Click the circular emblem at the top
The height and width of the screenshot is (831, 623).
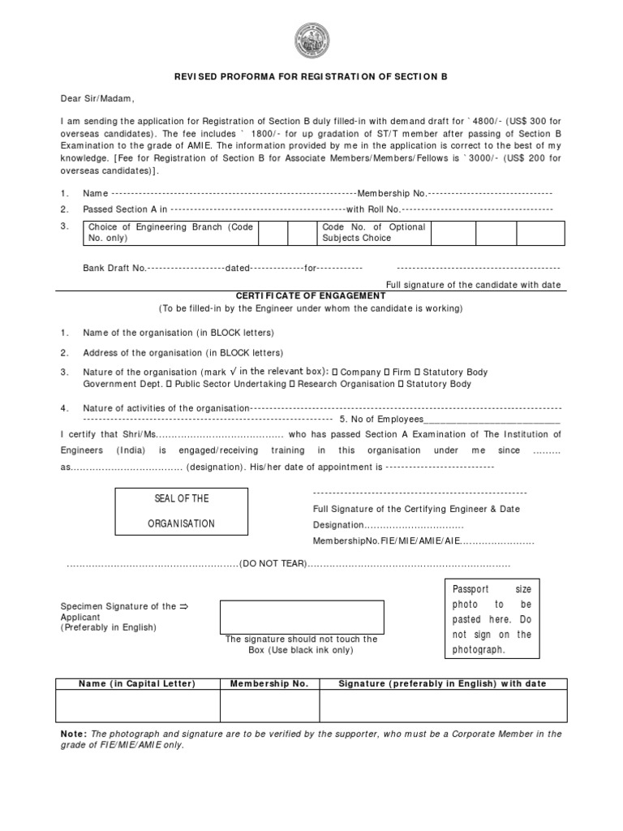point(311,40)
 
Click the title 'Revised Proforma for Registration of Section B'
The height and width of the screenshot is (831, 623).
point(311,76)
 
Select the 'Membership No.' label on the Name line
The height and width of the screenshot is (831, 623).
point(392,193)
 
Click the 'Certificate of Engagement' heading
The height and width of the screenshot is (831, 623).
point(311,296)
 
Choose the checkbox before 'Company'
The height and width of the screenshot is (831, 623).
point(336,372)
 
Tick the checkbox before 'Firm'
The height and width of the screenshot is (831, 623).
point(385,372)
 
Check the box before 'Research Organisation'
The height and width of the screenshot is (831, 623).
point(293,384)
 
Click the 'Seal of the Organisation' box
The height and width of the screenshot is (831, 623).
point(181,511)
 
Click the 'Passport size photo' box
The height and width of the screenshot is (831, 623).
point(492,618)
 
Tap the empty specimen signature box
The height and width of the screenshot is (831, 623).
point(301,617)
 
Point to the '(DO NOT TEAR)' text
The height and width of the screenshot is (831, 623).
point(273,564)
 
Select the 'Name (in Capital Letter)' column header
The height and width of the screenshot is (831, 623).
point(137,684)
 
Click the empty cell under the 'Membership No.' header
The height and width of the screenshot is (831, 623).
point(269,705)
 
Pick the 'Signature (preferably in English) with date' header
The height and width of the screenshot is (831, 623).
point(443,684)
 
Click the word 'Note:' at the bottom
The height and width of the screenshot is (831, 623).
point(75,734)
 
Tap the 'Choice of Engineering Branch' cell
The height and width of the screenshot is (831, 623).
point(170,233)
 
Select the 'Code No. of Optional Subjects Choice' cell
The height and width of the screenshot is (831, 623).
point(374,233)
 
